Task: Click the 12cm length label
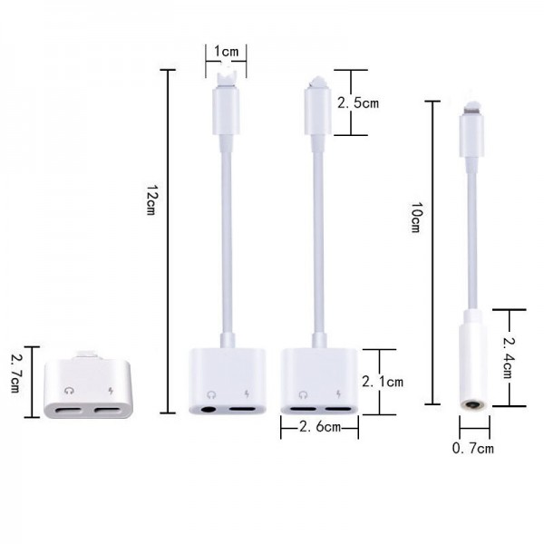point(151,199)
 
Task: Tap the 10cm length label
point(416,218)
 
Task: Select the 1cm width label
point(226,52)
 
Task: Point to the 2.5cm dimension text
point(358,103)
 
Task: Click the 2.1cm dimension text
point(383,382)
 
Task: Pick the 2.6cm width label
point(320,427)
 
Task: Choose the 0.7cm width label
point(473,448)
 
